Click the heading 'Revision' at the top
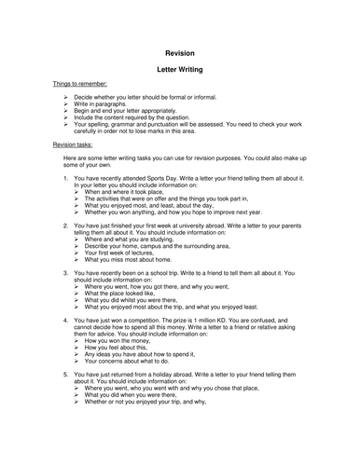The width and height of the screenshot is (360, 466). pyautogui.click(x=180, y=53)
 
